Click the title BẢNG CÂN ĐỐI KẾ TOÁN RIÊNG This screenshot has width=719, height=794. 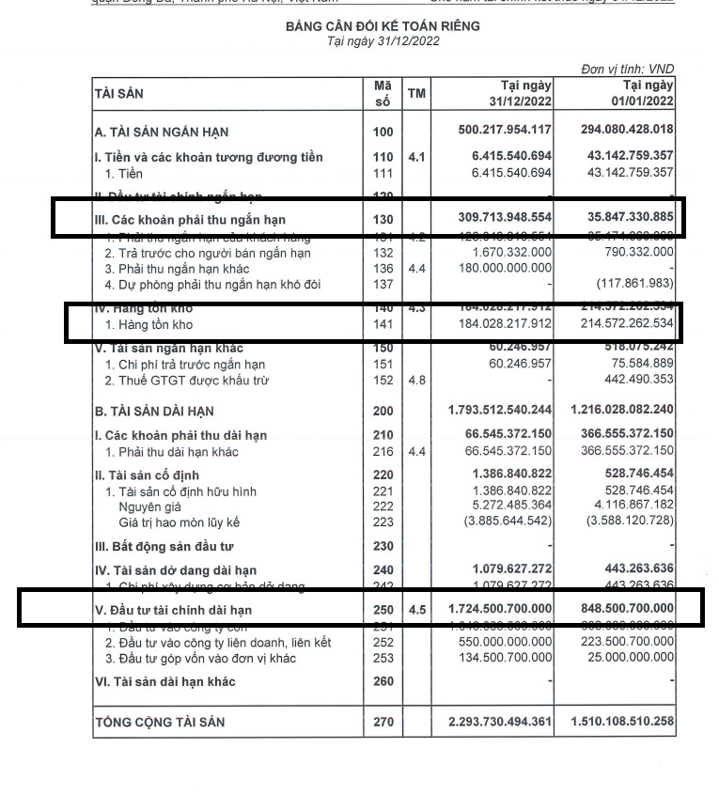pos(383,26)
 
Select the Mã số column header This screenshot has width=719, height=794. pos(382,93)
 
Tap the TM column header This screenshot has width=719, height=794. pos(416,94)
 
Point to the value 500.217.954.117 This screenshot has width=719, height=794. pos(497,132)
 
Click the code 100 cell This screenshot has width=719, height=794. pos(383,132)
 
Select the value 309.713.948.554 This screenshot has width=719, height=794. pos(497,217)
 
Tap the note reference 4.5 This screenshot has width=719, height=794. pos(416,610)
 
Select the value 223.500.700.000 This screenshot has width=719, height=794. pos(622,643)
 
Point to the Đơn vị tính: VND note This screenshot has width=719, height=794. pos(628,70)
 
